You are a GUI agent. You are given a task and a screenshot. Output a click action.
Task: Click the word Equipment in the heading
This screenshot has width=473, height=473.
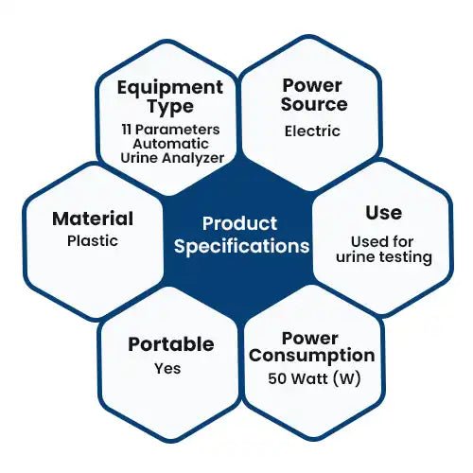tap(170, 89)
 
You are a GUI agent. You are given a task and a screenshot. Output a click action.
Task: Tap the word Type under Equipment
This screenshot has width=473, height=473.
tap(170, 107)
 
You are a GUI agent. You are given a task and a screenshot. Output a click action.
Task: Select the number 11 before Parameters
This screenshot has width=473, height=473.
tap(127, 130)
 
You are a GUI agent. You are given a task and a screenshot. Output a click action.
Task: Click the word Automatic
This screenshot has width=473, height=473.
tap(170, 144)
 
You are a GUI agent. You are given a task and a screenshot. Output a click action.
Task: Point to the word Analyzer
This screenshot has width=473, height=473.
tap(193, 158)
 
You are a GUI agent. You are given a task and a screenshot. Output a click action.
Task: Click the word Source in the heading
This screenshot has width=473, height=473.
tap(314, 104)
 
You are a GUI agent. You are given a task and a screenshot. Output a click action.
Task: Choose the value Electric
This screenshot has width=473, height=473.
tap(312, 131)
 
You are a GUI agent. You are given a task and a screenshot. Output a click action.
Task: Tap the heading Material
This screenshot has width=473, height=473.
tap(93, 219)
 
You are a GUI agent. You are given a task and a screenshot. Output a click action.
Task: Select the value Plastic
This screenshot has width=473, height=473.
tap(93, 241)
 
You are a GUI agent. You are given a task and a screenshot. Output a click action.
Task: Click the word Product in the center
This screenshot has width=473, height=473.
tap(239, 223)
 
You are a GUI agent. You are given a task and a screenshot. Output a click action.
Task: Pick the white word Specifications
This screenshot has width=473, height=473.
tap(242, 246)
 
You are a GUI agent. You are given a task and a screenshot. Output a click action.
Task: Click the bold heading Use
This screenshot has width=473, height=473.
tap(384, 213)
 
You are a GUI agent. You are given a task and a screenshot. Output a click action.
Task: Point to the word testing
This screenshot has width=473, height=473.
tap(405, 257)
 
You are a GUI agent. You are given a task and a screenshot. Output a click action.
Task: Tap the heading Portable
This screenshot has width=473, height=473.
tap(171, 344)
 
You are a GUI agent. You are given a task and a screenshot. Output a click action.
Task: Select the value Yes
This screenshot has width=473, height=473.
tap(167, 368)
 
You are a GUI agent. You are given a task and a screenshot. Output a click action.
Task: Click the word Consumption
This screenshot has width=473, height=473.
tap(312, 357)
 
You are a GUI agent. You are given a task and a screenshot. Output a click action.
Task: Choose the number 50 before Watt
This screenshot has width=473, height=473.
tap(277, 378)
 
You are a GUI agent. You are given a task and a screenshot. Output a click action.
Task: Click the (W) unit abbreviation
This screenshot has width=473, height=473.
tap(346, 378)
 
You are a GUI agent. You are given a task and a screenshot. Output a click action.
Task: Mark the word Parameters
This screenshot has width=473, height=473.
tap(178, 130)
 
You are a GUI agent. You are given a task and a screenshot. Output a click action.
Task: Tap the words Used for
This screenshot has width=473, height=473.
tap(382, 242)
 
